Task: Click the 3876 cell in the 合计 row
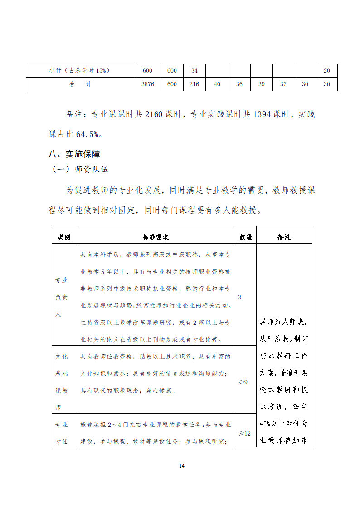pos(148,84)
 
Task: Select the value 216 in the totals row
pos(194,84)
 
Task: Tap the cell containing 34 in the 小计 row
pos(194,71)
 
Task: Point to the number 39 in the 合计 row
pos(261,84)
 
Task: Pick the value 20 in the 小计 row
pos(326,71)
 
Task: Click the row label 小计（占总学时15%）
pos(80,71)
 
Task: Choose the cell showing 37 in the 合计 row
pos(283,84)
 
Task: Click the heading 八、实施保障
pos(74,154)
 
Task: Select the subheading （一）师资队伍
pos(81,170)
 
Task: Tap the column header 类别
pos(64,237)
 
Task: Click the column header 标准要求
pos(156,237)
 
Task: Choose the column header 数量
pos(245,237)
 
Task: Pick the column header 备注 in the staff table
pos(284,237)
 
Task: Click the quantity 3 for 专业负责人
pos(239,297)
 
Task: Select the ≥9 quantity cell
pos(243,382)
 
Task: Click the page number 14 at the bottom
pos(182,465)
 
